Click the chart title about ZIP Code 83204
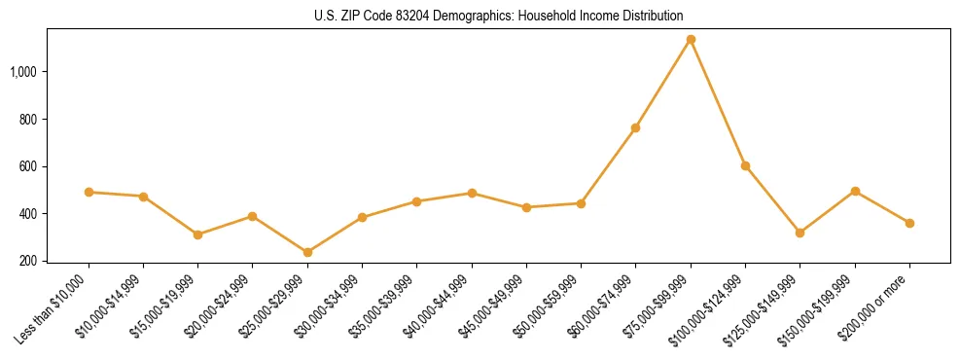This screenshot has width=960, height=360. (x=499, y=16)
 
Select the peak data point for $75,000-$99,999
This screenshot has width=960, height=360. (x=691, y=40)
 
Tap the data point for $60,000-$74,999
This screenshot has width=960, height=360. (x=635, y=127)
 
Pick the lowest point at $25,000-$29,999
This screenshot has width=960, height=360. (x=307, y=252)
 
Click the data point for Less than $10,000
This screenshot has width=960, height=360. (x=89, y=192)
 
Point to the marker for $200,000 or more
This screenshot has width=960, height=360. (x=909, y=223)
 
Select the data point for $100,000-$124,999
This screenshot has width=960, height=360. (x=745, y=165)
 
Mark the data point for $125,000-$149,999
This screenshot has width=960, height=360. (x=800, y=233)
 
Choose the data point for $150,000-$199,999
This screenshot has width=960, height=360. (x=855, y=191)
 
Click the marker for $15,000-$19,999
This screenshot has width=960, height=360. (x=197, y=234)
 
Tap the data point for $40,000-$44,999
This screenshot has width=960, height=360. (x=472, y=193)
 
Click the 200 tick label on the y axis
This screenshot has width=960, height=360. (x=28, y=261)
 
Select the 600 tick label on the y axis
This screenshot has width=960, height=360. (x=28, y=166)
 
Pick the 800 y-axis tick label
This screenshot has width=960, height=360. (x=28, y=119)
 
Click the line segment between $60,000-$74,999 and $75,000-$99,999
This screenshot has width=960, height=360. (x=663, y=84)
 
